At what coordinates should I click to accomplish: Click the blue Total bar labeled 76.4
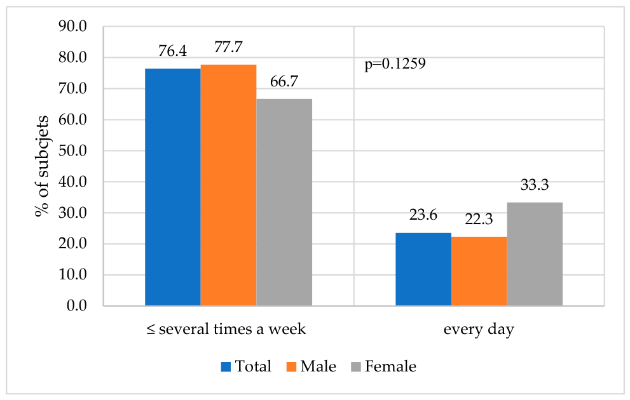pyautogui.click(x=173, y=187)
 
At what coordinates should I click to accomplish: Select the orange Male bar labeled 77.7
pyautogui.click(x=228, y=185)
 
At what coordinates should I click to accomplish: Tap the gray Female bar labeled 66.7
pyautogui.click(x=284, y=202)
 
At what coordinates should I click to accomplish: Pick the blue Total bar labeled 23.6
pyautogui.click(x=423, y=269)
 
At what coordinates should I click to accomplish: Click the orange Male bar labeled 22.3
pyautogui.click(x=479, y=271)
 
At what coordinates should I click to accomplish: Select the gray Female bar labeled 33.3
pyautogui.click(x=535, y=254)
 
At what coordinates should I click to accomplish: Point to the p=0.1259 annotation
pyautogui.click(x=395, y=63)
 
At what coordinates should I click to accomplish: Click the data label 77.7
pyautogui.click(x=228, y=47)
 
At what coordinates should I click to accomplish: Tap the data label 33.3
pyautogui.click(x=535, y=185)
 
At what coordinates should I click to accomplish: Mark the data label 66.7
pyautogui.click(x=284, y=81)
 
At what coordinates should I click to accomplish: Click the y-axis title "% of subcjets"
pyautogui.click(x=42, y=166)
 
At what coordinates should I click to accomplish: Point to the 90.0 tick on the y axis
pyautogui.click(x=72, y=27)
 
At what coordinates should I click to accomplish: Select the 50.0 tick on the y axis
pyautogui.click(x=72, y=151)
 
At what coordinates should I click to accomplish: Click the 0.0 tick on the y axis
pyautogui.click(x=76, y=306)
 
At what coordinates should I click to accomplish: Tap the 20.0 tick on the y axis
pyautogui.click(x=72, y=244)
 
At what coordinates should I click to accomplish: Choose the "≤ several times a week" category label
pyautogui.click(x=226, y=329)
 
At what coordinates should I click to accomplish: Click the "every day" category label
pyautogui.click(x=479, y=330)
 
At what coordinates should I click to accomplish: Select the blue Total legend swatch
pyautogui.click(x=226, y=367)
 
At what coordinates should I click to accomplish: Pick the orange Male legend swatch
pyautogui.click(x=291, y=367)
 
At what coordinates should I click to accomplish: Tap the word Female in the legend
pyautogui.click(x=390, y=366)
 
